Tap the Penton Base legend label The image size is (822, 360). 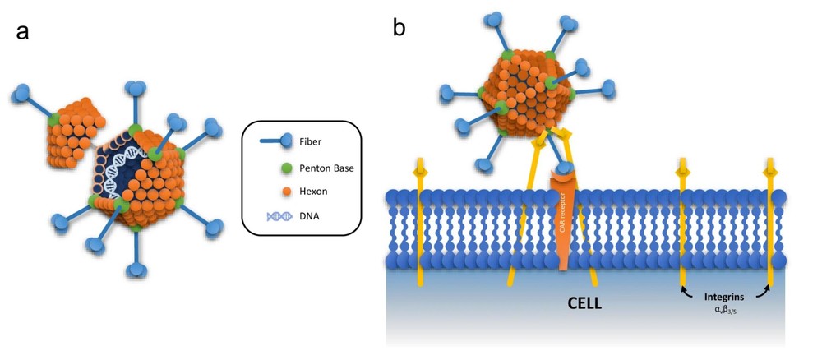point(325,168)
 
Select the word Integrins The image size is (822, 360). point(724,293)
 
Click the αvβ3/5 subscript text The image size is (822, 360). point(724,308)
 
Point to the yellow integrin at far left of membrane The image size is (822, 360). point(420,222)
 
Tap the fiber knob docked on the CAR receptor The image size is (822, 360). point(565,170)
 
